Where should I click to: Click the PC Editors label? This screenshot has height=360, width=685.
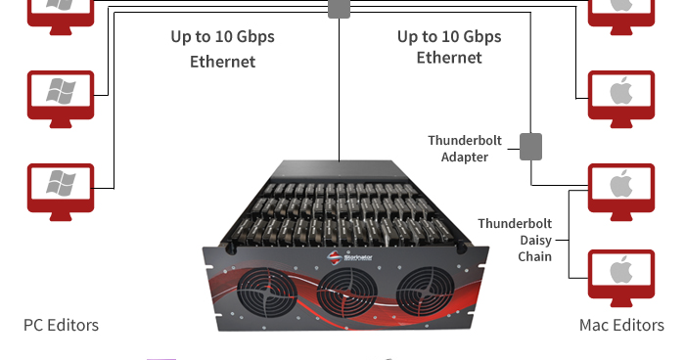click(x=61, y=325)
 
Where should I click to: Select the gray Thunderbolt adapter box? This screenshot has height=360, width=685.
click(x=530, y=147)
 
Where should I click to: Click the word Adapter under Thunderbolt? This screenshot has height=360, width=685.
click(x=465, y=157)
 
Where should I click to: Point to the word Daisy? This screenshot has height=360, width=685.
click(x=535, y=241)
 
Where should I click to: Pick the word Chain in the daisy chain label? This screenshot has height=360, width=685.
click(x=534, y=256)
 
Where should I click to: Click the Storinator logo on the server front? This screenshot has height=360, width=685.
click(x=349, y=257)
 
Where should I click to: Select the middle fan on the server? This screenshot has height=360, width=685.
click(x=346, y=292)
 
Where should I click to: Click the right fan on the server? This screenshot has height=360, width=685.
click(x=426, y=292)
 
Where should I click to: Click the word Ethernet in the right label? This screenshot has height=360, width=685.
click(x=449, y=58)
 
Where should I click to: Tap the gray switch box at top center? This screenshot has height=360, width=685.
click(x=339, y=9)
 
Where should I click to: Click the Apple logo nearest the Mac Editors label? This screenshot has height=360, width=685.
click(x=621, y=271)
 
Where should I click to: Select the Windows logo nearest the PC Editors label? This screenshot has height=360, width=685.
click(x=61, y=183)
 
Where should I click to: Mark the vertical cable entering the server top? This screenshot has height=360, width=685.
click(x=339, y=90)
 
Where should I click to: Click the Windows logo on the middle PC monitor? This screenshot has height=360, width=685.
click(x=61, y=91)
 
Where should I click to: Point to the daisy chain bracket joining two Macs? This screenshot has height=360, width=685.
click(x=570, y=234)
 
